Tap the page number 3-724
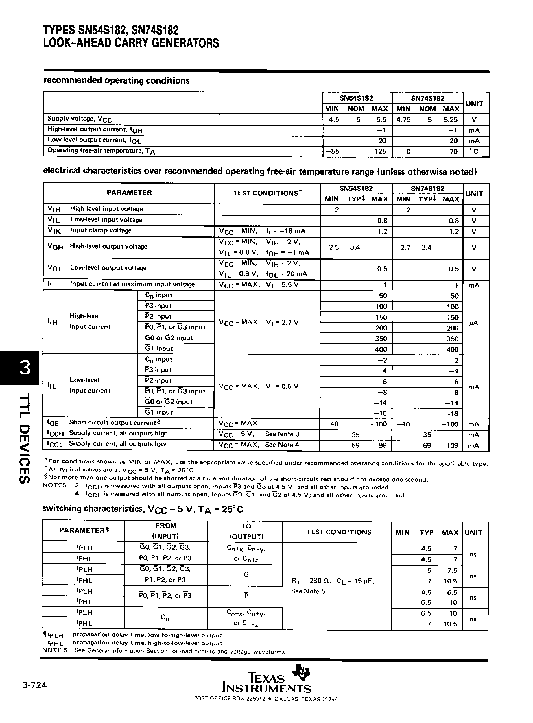pos(34,685)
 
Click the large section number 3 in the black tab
pos(25,368)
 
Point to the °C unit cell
pos(474,151)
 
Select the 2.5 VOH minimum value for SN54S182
pos(334,248)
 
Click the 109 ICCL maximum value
pos(452,446)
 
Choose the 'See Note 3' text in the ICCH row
pos(282,434)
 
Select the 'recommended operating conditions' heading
pos(117,81)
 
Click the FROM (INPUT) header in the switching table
pos(165,531)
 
